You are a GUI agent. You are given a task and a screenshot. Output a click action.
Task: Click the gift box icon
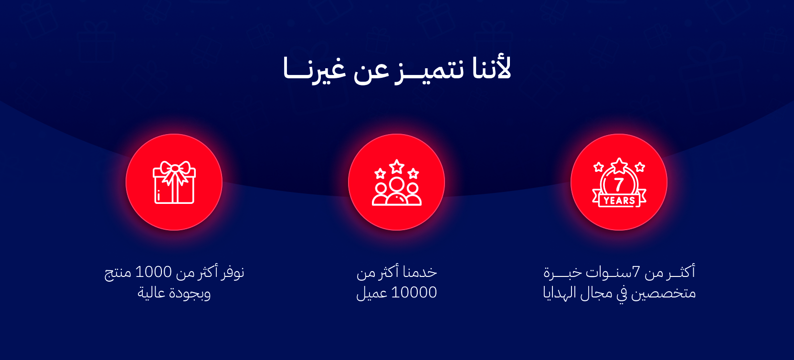(174, 183)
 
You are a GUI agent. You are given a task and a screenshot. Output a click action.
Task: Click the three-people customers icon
(397, 191)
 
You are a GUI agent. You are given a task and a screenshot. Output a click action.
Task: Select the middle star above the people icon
(397, 166)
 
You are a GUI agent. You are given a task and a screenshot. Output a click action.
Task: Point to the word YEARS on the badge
(619, 201)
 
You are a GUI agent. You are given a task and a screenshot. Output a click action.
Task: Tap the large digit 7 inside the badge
(619, 184)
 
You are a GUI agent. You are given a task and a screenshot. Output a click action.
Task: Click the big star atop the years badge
(619, 166)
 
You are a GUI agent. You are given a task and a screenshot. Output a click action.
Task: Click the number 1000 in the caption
(153, 272)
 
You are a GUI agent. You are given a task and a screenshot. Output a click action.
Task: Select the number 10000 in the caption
(414, 292)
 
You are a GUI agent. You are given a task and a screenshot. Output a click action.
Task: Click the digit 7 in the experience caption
(636, 272)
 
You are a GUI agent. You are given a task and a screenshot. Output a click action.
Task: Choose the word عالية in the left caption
(152, 293)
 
